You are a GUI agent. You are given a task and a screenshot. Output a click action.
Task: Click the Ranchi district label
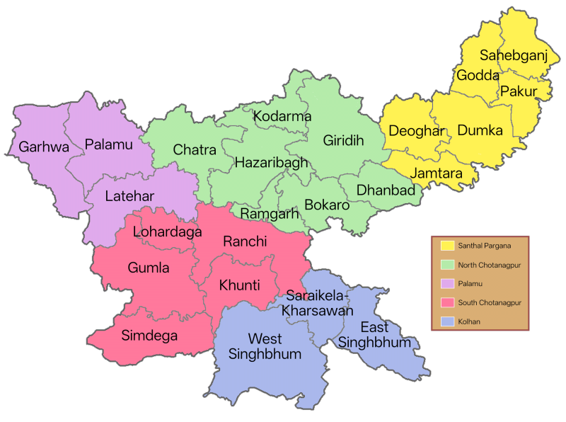click(x=245, y=241)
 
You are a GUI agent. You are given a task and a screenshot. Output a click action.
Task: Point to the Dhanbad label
click(x=386, y=190)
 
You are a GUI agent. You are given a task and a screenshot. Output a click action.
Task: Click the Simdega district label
click(x=149, y=335)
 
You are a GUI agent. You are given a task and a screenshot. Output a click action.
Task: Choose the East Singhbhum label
click(x=374, y=334)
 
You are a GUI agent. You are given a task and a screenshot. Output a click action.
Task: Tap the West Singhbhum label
click(x=265, y=346)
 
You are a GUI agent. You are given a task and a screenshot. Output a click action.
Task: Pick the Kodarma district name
click(x=282, y=115)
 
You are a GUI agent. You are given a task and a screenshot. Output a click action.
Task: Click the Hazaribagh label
click(x=272, y=162)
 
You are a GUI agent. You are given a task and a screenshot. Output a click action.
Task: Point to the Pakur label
click(x=519, y=91)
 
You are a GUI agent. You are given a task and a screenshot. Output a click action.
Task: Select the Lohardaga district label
click(x=168, y=232)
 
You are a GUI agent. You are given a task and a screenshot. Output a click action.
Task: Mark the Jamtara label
click(x=437, y=173)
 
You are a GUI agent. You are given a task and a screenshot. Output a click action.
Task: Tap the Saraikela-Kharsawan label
click(x=318, y=302)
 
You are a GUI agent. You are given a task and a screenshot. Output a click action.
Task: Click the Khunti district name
click(x=239, y=285)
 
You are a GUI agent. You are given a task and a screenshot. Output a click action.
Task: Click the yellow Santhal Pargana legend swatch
click(x=447, y=246)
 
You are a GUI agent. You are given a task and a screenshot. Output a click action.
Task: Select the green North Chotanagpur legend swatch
click(x=447, y=265)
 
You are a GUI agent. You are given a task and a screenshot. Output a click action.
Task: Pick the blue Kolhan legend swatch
click(x=447, y=321)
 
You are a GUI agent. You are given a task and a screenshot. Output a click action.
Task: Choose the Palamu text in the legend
click(x=470, y=283)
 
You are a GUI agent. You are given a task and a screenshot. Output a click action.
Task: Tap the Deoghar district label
click(x=417, y=131)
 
